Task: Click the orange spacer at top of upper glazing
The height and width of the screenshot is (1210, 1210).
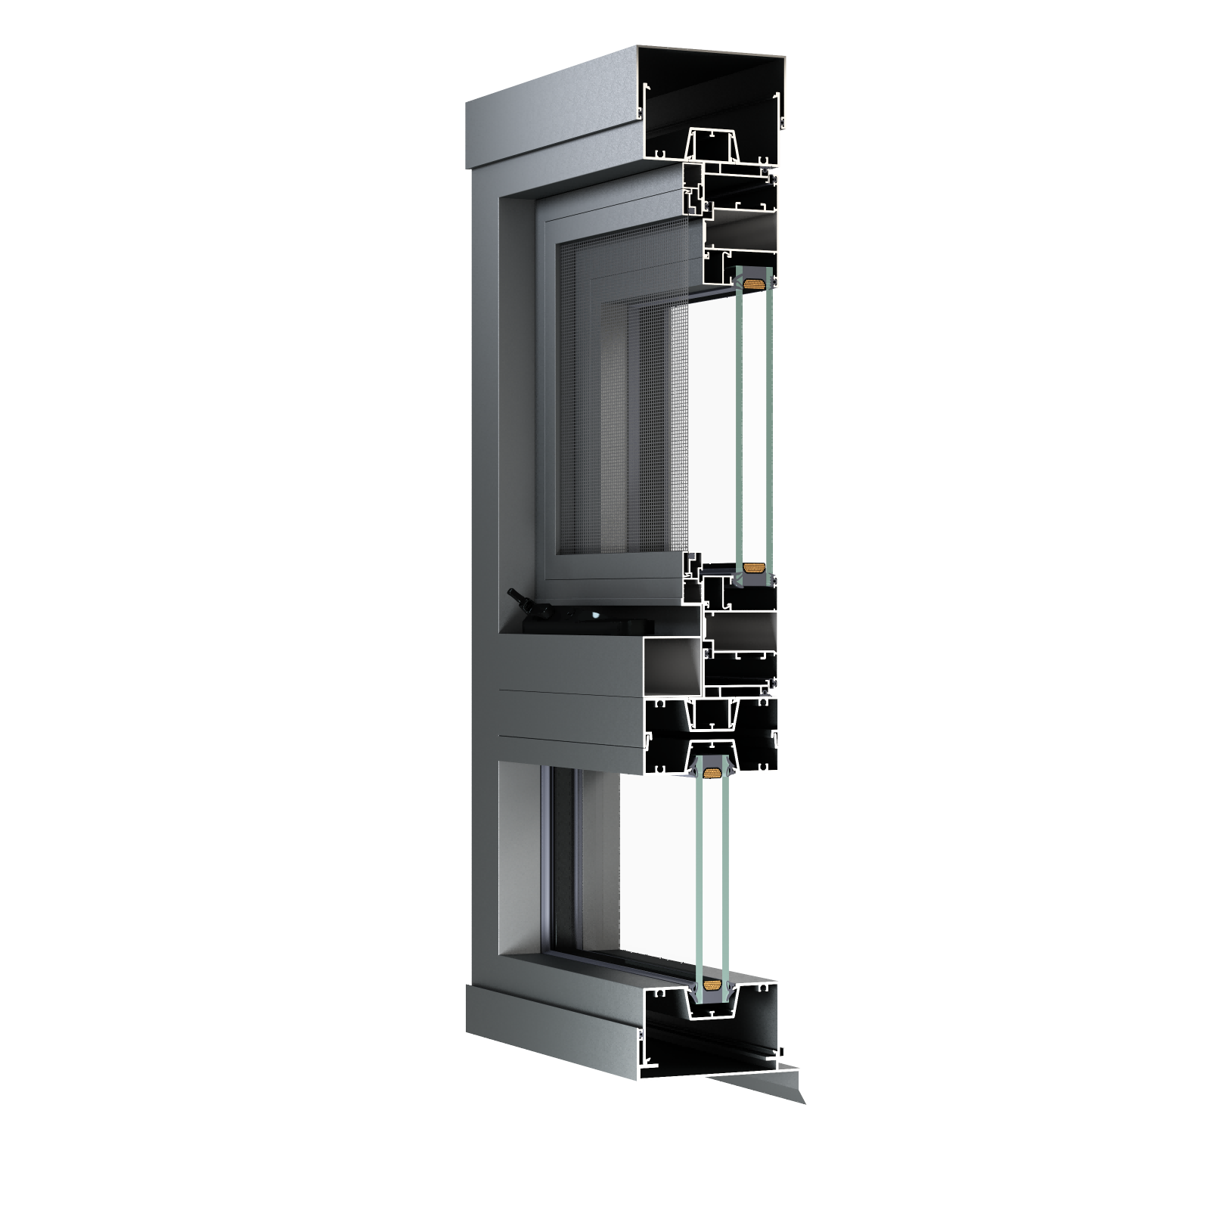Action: pos(752,284)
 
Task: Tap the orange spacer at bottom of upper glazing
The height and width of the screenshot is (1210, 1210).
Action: pos(752,567)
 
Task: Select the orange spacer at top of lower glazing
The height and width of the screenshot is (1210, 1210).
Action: pos(711,773)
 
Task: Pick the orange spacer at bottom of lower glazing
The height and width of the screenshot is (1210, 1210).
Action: pos(711,985)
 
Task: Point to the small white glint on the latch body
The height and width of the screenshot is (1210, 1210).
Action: pos(597,616)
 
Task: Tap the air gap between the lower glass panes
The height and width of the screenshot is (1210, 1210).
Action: pos(711,877)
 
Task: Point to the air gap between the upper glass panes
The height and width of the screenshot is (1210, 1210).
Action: pos(752,423)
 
